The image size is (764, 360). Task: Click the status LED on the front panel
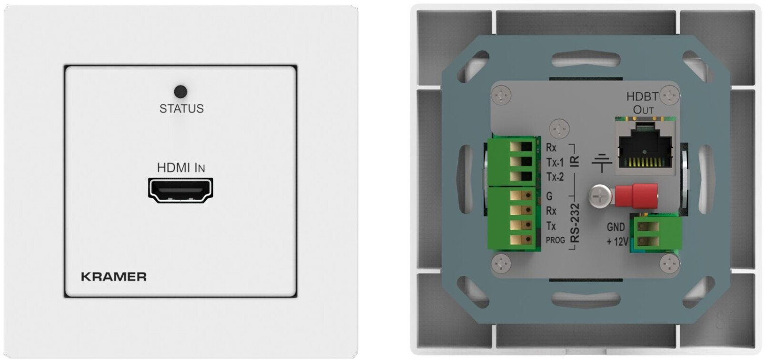180,92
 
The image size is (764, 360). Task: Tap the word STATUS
181,109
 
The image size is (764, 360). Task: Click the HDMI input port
180,190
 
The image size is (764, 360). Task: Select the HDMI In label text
181,168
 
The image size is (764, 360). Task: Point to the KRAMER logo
114,277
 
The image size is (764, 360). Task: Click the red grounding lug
636,197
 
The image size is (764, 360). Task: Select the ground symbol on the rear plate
602,163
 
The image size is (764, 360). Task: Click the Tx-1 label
555,163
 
